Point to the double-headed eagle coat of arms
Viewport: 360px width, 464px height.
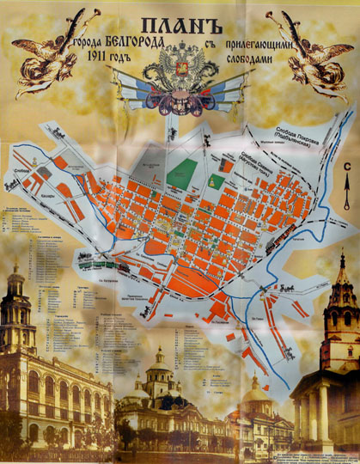[180, 73]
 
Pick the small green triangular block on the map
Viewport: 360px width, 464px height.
[216, 183]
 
